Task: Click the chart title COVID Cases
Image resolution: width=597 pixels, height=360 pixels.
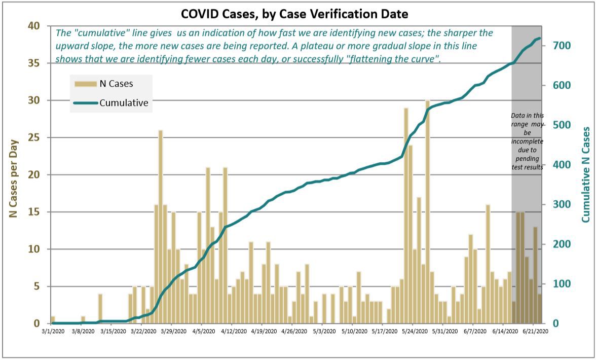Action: pos(295,14)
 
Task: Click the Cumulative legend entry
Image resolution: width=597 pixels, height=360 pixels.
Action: pos(123,102)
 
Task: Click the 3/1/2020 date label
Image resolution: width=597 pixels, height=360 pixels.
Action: pos(52,332)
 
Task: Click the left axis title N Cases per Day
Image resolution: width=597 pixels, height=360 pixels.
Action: pos(14,178)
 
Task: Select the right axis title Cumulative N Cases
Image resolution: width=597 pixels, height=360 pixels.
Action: pos(586,174)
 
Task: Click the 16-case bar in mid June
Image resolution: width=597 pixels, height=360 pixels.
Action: pos(488,264)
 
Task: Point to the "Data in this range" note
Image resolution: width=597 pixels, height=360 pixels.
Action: pos(527,141)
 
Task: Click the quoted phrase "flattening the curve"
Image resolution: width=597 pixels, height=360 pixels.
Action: pos(389,59)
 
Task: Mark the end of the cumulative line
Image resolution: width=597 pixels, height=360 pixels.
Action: pos(540,38)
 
